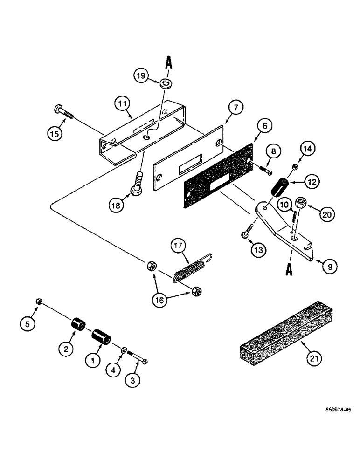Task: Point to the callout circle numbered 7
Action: point(235,108)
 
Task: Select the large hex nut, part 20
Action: point(300,204)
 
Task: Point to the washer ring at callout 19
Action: point(164,84)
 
